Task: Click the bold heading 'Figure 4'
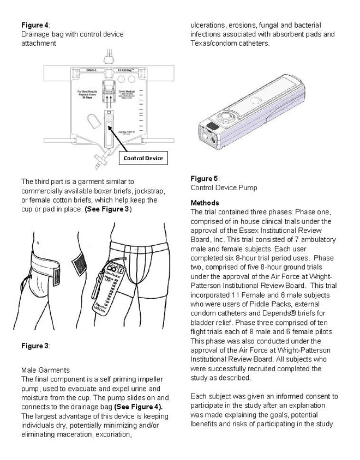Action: (35, 25)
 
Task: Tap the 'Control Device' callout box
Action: (143, 158)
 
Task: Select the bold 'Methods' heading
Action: (205, 203)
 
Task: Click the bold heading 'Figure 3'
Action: (35, 346)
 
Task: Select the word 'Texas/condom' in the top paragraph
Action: (214, 43)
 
